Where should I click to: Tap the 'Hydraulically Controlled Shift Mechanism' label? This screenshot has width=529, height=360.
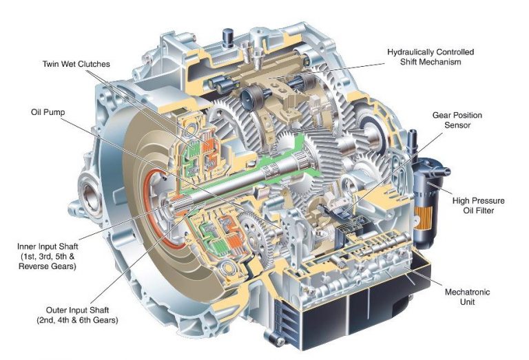click(431, 57)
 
